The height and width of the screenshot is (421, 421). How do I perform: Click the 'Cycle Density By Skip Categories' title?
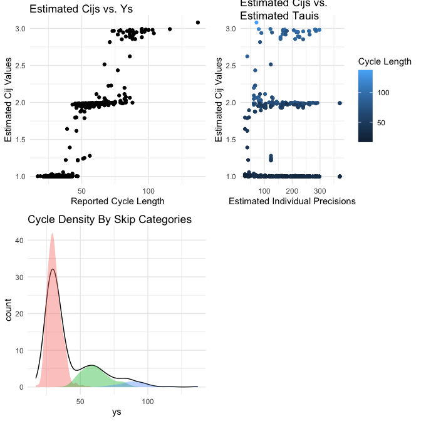(110, 219)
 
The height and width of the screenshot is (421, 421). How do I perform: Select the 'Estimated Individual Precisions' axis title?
(293, 201)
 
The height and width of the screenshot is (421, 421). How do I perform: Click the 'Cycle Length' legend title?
(385, 61)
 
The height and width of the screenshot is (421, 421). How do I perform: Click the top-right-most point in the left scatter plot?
(198, 23)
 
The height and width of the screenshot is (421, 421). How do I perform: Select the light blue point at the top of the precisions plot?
(256, 23)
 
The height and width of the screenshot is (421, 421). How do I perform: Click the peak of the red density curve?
(52, 234)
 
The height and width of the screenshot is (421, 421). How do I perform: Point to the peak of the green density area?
(92, 365)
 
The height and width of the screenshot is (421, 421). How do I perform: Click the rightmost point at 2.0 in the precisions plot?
(340, 103)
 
